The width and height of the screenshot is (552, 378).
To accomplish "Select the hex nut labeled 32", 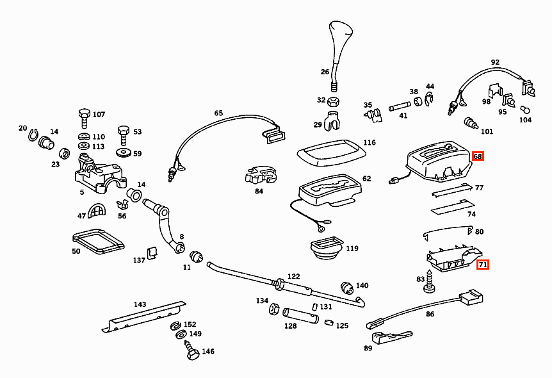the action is pos(333,102).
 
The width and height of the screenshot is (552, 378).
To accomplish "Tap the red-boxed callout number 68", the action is pos(478,156).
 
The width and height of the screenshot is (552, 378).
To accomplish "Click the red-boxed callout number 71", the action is pos(483,264).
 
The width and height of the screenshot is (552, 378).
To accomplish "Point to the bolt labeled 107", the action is pos(84,118).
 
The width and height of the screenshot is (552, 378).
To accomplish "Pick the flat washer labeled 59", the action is pos(123,152).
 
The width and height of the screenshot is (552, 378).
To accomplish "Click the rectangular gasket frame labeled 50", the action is pos(98,242).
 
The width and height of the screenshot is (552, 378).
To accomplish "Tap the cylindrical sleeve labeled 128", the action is pos(300,315).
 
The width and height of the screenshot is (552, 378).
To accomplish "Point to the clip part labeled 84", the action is pos(261,175).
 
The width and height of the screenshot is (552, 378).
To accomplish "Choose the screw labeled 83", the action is pos(429,281).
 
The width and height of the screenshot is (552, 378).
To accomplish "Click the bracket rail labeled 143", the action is pos(144,316).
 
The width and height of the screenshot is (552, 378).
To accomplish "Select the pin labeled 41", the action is pos(400,106).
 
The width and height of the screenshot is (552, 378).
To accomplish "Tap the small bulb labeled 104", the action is pos(524,110).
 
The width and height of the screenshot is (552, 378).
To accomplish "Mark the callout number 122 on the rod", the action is pos(293,276).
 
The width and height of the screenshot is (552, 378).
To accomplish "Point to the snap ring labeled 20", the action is pos(33,134).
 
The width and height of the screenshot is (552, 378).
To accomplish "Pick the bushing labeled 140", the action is pos(347,288).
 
